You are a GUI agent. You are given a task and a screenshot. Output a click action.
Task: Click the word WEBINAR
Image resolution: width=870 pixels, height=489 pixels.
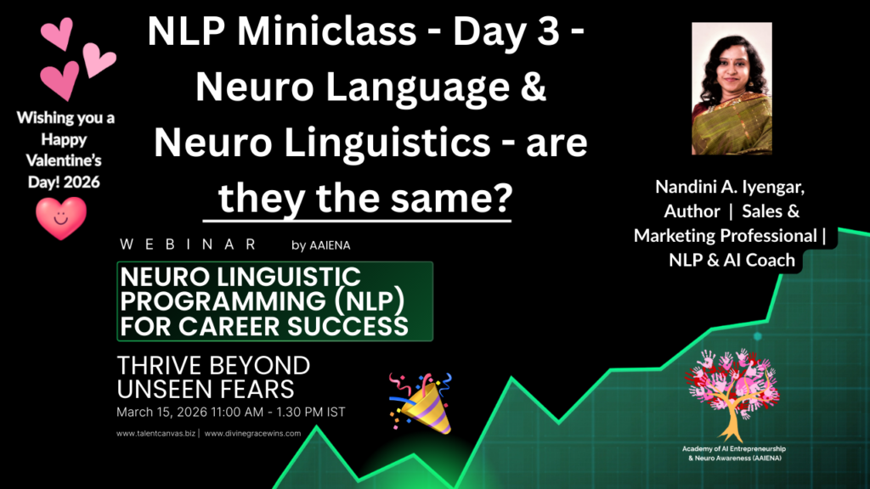click(189, 244)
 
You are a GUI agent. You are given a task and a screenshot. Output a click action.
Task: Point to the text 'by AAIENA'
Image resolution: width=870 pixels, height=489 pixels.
click(321, 245)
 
